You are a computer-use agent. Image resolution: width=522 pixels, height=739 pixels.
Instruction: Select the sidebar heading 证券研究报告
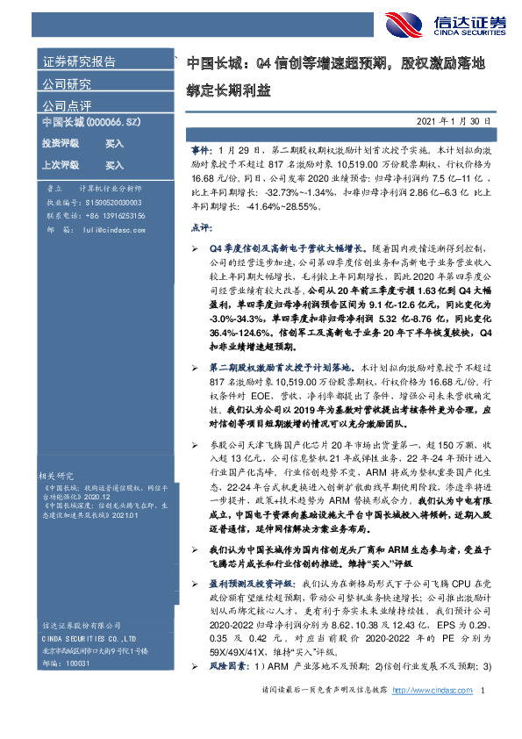tap(80, 61)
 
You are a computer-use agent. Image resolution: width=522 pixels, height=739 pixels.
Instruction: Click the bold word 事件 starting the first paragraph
tap(200, 152)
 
